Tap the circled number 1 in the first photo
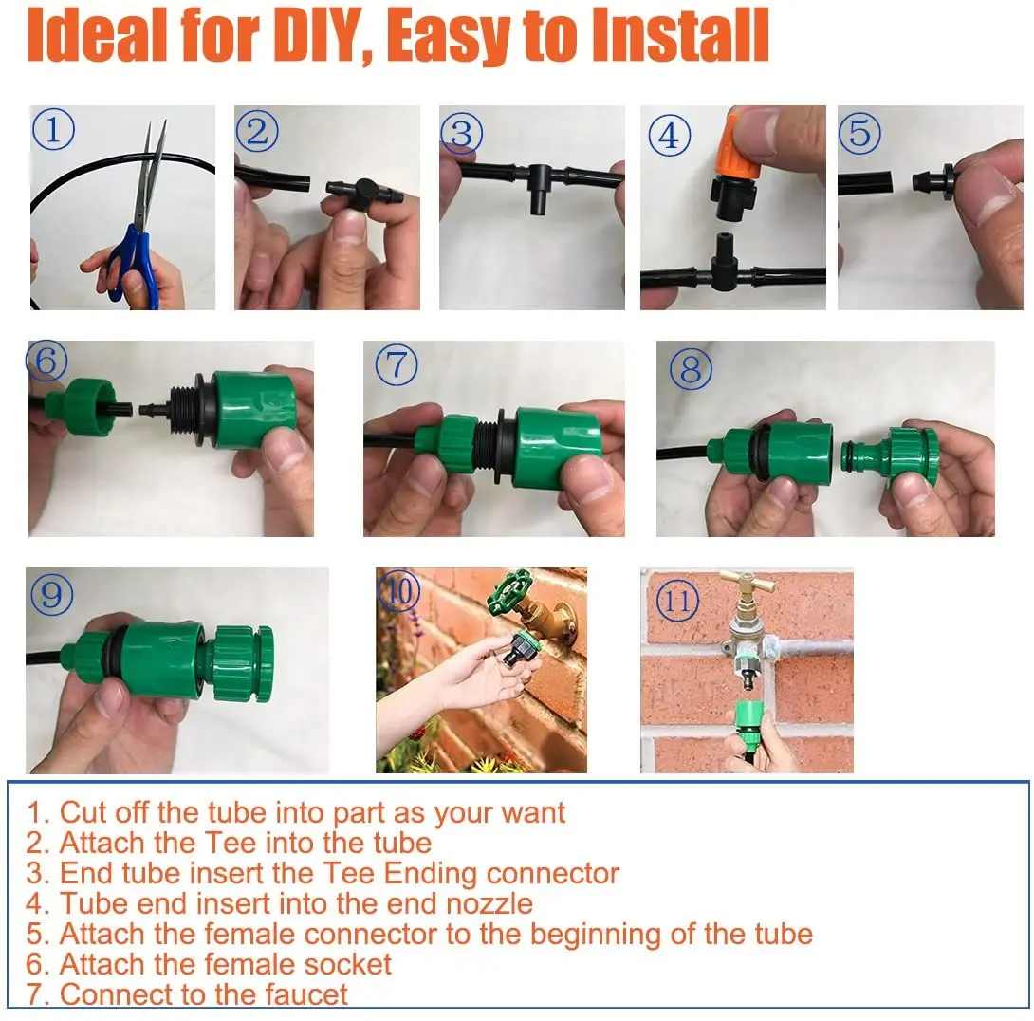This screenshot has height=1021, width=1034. [53, 129]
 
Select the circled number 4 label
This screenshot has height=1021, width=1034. [670, 136]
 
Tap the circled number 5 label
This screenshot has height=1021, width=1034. [859, 133]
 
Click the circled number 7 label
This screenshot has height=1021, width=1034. [397, 364]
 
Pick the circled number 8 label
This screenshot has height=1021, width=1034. [691, 368]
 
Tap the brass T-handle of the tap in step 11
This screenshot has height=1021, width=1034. [748, 583]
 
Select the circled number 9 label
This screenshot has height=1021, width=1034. [51, 595]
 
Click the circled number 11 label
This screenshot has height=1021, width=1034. [678, 601]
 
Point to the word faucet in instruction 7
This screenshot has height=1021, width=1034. [305, 994]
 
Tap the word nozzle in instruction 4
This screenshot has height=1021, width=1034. [489, 903]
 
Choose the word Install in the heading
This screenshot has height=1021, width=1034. [679, 36]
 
